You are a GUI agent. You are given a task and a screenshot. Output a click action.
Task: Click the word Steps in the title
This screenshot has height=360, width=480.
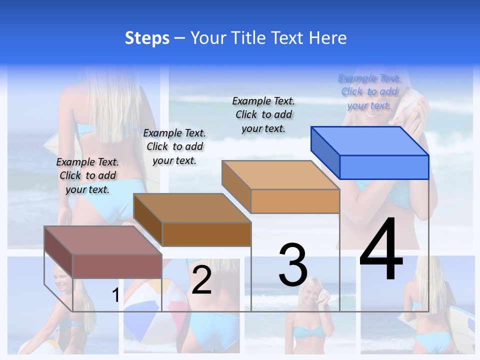click(147, 38)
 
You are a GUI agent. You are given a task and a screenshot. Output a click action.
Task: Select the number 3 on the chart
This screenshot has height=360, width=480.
click(293, 265)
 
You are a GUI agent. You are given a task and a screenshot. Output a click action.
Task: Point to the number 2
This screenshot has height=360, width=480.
click(201, 280)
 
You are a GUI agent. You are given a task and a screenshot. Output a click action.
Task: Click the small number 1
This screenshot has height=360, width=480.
click(115, 295)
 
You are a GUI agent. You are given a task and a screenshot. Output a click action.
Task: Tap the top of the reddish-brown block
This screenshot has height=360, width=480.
click(103, 240)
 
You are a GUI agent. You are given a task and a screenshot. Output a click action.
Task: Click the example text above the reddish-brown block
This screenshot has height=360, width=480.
click(87, 175)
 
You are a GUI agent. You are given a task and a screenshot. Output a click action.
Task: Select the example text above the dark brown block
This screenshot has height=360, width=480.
click(174, 146)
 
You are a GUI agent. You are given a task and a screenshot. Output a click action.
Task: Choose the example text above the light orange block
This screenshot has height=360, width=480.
click(263, 114)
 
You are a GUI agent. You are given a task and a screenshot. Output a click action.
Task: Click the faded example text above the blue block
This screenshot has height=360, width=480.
click(369, 91)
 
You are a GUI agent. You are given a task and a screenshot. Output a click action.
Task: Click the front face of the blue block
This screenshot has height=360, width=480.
click(384, 167)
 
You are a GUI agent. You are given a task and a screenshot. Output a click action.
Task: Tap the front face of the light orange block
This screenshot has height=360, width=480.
click(295, 201)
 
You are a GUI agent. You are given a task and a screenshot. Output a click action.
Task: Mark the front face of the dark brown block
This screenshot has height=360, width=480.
click(206, 234)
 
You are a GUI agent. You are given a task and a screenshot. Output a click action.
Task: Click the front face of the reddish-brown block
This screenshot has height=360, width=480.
click(117, 266)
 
